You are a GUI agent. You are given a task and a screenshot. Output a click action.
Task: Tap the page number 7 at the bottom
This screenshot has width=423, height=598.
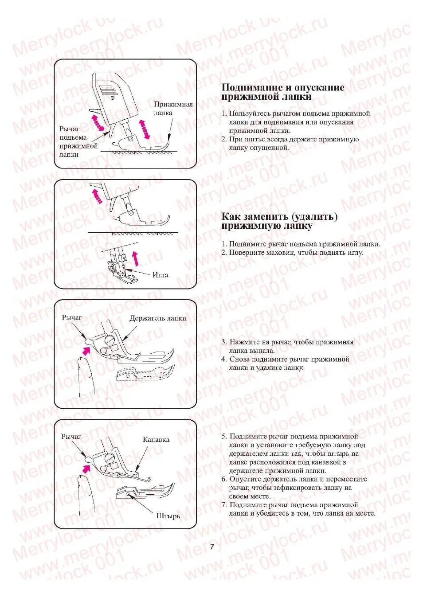[212, 547]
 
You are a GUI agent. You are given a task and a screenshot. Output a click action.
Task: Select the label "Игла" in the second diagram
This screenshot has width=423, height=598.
[160, 275]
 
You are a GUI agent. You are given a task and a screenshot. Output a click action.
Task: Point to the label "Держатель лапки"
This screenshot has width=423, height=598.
[157, 318]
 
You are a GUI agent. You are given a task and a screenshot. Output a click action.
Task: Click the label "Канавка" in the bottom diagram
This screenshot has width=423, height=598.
[156, 440]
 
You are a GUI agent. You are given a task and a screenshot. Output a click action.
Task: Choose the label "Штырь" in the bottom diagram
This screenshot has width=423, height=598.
[168, 516]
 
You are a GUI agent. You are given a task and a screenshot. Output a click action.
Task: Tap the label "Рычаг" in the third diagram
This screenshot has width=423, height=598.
[72, 318]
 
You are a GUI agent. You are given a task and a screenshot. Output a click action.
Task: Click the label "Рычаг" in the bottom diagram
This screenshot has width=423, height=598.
[71, 437]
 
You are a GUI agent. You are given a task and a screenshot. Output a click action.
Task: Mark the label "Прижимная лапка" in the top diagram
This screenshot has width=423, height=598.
[173, 109]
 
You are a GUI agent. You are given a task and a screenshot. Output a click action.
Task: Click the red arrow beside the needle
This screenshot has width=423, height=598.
[136, 257]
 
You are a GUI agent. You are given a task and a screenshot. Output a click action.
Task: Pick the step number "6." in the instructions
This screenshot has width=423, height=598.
[224, 479]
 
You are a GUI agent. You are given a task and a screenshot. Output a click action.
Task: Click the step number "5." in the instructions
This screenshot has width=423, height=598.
[224, 436]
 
